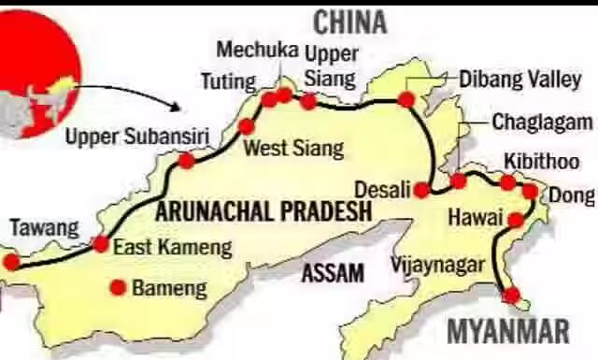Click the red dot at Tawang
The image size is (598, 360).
10,261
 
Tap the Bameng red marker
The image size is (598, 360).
118,287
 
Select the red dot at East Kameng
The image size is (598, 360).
101,244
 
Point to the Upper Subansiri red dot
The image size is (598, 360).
186,161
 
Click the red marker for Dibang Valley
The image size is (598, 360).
406,99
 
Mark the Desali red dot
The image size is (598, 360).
422,190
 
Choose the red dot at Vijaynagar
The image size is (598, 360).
511,295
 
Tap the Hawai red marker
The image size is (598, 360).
515,220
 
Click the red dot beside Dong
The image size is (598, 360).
529,192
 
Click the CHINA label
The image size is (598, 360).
349,22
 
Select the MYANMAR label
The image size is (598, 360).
507,331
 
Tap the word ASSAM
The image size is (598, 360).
332,273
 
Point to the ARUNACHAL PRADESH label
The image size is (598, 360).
263,211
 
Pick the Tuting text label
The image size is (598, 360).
228,82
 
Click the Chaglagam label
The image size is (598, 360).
542,122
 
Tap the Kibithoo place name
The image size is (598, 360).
541,160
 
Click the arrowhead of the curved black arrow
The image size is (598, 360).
181,108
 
